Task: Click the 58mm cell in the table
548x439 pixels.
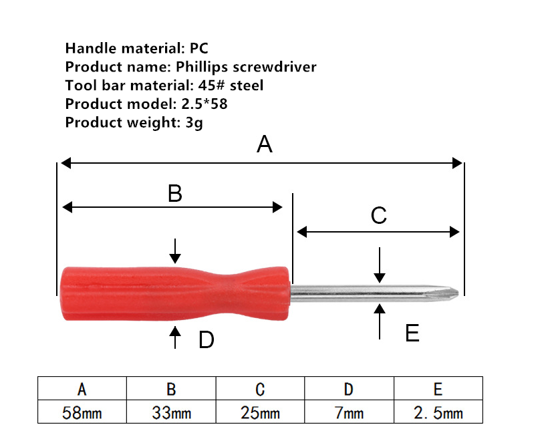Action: (82, 412)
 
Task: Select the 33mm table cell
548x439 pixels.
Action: (171, 412)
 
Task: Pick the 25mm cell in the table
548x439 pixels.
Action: (261, 412)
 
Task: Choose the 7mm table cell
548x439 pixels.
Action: (349, 412)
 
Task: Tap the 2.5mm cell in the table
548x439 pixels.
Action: (438, 412)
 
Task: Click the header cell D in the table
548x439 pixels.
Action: (349, 389)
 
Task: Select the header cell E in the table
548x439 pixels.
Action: (438, 389)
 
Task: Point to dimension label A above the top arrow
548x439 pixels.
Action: (265, 144)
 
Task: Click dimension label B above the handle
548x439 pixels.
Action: (174, 193)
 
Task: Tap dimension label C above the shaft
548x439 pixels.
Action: (379, 215)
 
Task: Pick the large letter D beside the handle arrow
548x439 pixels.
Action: (207, 339)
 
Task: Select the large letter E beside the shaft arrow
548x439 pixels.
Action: (412, 333)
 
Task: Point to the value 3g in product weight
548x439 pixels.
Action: (194, 123)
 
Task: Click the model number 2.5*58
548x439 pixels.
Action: (204, 104)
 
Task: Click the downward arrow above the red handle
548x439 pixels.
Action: (175, 251)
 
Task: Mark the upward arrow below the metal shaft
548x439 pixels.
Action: (380, 321)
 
